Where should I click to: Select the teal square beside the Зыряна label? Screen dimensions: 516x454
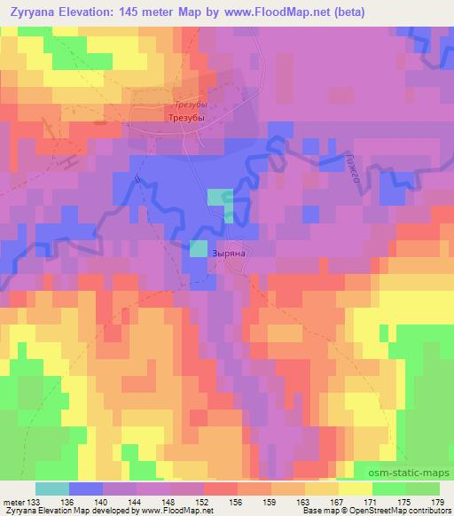tap(198, 249)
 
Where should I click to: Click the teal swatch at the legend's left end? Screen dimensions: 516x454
tap(52, 489)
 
